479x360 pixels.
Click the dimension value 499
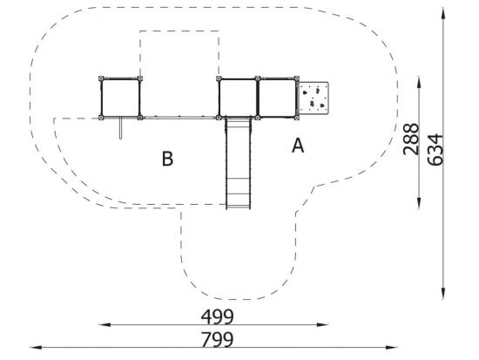[x=217, y=317]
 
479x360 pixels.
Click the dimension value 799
[x=217, y=339]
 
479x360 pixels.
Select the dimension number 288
[x=411, y=139]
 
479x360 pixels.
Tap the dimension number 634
[x=435, y=149]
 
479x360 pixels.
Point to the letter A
[x=298, y=146]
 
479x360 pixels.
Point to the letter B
[x=167, y=159]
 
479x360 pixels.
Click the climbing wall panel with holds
[x=314, y=98]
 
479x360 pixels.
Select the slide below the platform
[x=239, y=164]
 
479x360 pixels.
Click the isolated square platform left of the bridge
[x=120, y=98]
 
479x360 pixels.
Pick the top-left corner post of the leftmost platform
[x=101, y=78]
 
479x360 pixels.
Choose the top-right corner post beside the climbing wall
[x=296, y=78]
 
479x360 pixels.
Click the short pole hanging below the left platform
[x=121, y=128]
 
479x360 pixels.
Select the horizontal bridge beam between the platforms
[x=179, y=118]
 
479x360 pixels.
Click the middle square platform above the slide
[x=238, y=98]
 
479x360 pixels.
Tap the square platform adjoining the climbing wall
[x=277, y=98]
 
